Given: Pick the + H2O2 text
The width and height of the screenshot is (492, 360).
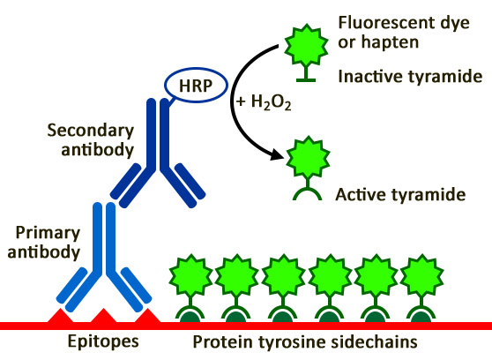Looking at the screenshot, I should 261,100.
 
